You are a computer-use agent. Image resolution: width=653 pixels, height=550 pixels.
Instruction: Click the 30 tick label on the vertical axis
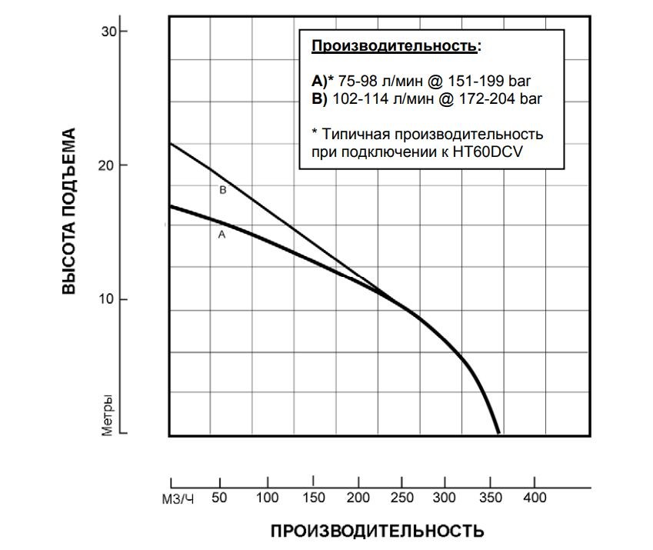click(108, 32)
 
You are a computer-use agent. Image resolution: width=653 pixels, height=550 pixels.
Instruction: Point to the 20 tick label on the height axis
click(108, 165)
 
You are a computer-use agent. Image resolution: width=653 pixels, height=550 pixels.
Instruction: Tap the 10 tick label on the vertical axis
click(108, 299)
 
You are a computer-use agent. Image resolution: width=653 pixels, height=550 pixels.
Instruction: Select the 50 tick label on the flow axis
click(219, 498)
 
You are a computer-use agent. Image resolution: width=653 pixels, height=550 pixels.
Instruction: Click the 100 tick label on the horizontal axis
click(268, 498)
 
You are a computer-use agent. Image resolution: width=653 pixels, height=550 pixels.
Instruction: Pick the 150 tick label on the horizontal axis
click(313, 498)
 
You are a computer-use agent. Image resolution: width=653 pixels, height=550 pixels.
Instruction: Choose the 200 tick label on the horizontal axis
click(358, 498)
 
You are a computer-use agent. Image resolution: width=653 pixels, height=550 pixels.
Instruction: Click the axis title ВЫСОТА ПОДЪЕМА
click(70, 212)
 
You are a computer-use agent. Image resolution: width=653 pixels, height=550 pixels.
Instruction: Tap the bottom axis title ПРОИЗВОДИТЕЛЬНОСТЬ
click(377, 532)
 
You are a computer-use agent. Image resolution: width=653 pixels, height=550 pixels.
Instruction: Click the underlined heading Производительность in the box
click(394, 47)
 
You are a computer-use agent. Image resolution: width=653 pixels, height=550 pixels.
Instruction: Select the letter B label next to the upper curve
click(222, 190)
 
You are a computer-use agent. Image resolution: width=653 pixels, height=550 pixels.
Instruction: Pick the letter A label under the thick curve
click(222, 235)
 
